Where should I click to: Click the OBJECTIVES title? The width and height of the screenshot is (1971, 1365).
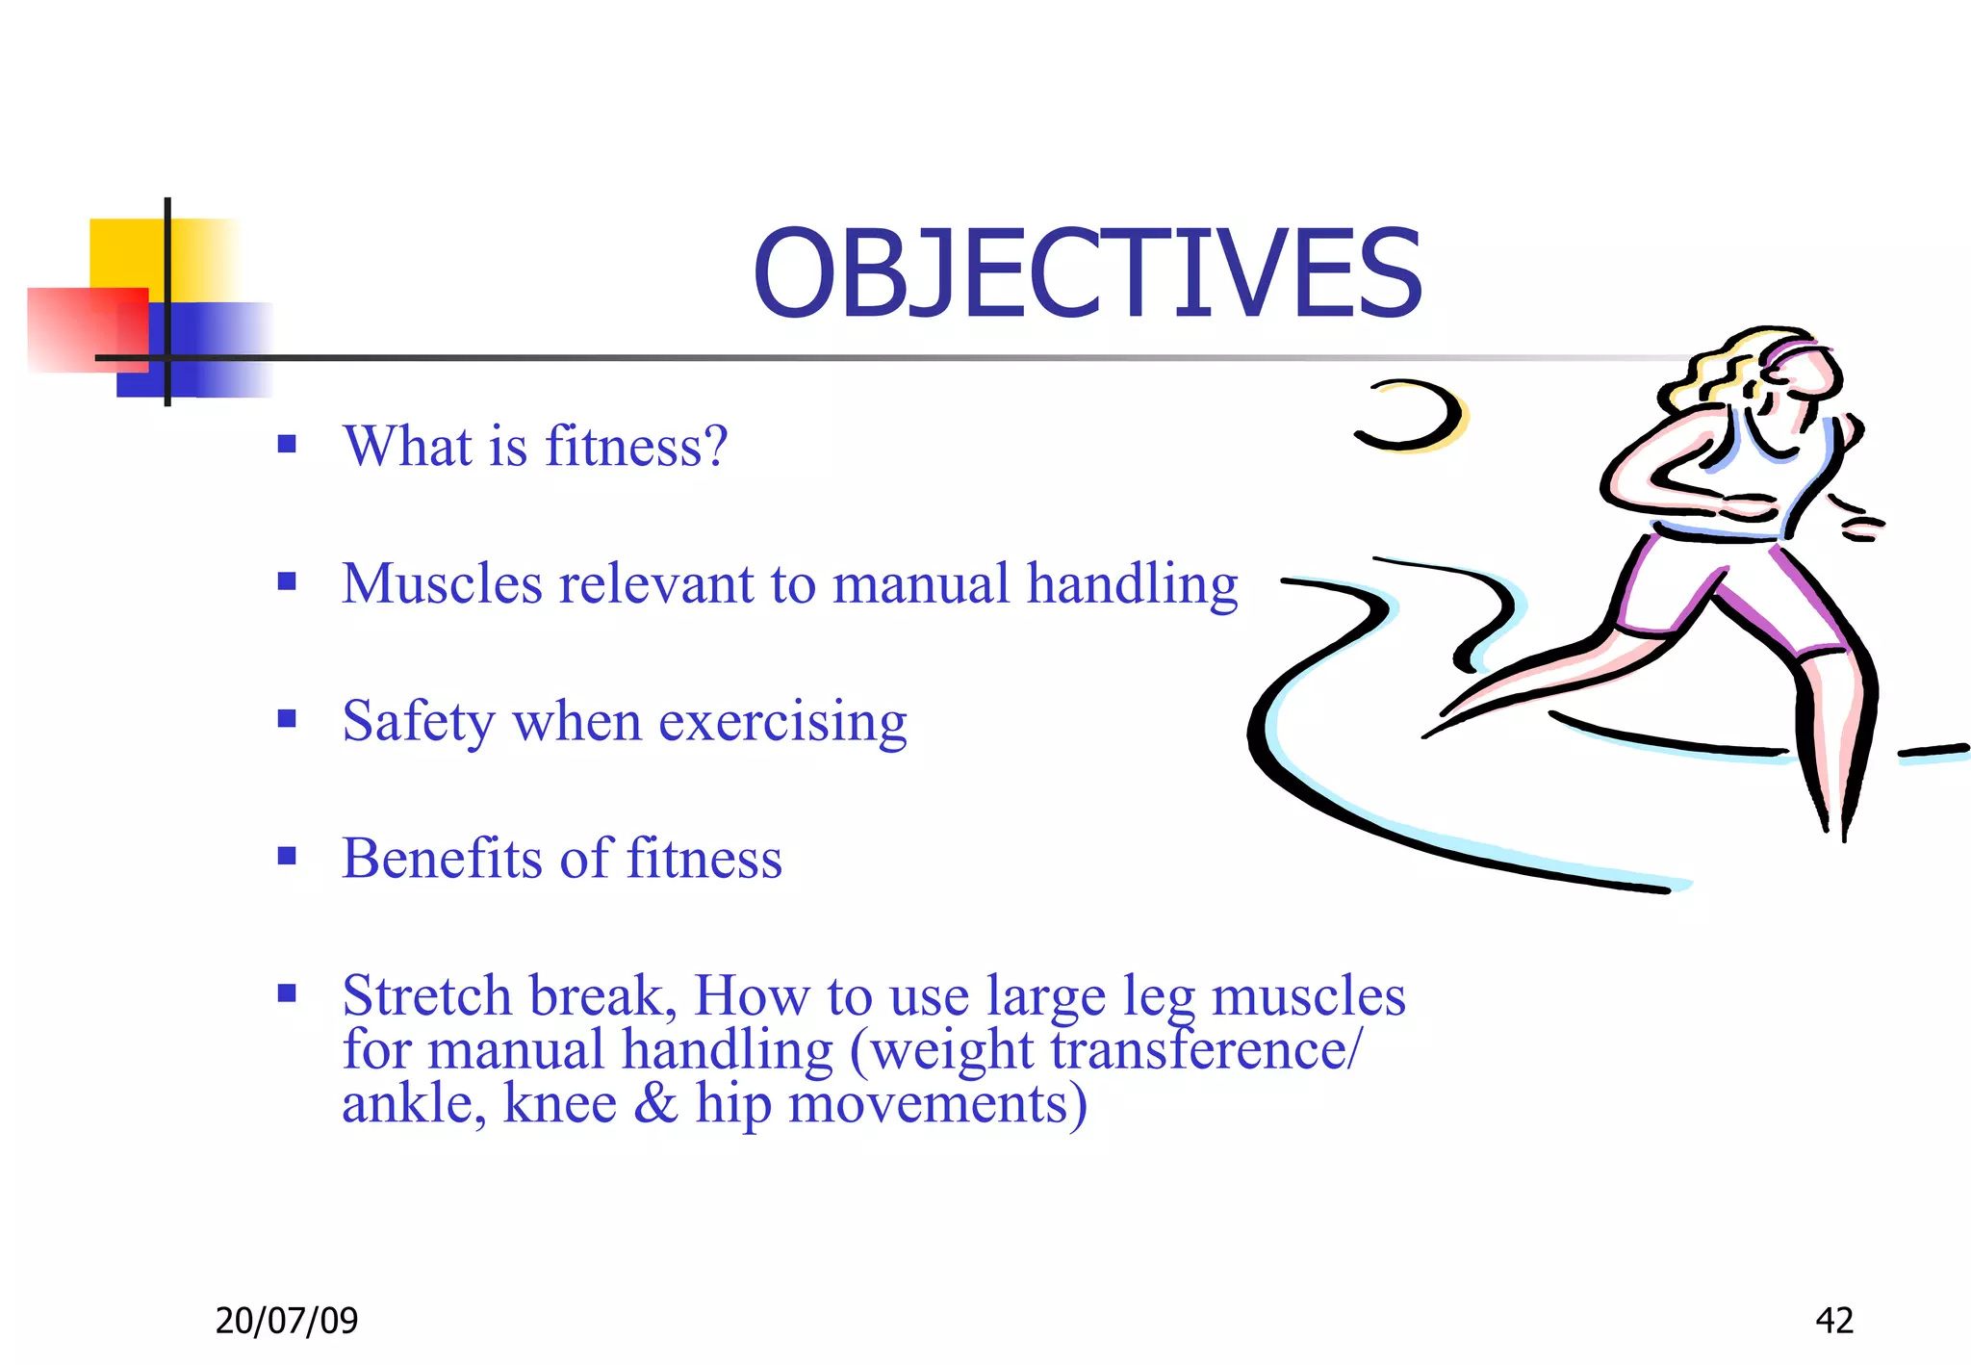pyautogui.click(x=1087, y=274)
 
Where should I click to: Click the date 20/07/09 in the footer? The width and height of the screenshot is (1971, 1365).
pyautogui.click(x=286, y=1320)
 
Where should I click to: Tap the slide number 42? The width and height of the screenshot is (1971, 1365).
pyautogui.click(x=1833, y=1320)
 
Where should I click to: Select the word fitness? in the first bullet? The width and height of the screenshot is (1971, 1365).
pyautogui.click(x=636, y=447)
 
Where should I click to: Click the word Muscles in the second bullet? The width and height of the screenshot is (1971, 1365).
pyautogui.click(x=442, y=584)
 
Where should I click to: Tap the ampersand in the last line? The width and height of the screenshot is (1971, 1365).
pyautogui.click(x=655, y=1103)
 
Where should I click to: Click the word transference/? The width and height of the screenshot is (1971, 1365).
pyautogui.click(x=1207, y=1049)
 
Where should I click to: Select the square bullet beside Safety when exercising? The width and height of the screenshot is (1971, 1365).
pyautogui.click(x=287, y=719)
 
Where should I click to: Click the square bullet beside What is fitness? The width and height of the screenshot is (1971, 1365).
pyautogui.click(x=287, y=444)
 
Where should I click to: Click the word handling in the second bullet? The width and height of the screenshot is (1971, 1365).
pyautogui.click(x=1132, y=584)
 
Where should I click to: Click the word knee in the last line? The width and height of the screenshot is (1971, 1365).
pyautogui.click(x=559, y=1103)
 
